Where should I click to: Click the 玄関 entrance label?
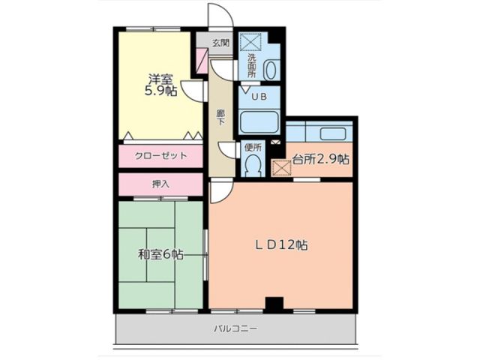(220, 43)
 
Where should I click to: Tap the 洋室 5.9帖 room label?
(160, 85)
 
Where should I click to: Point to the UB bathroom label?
(259, 97)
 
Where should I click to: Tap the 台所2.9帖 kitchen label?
(320, 159)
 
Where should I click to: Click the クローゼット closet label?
(160, 156)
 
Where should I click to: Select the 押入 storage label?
(160, 184)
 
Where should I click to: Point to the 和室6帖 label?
(160, 254)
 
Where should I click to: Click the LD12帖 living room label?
(280, 244)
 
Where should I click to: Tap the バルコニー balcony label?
(235, 328)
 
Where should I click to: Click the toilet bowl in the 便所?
(253, 166)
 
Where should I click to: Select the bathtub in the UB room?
(258, 121)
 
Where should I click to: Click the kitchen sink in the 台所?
(331, 133)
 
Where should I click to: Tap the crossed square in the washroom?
(248, 41)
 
